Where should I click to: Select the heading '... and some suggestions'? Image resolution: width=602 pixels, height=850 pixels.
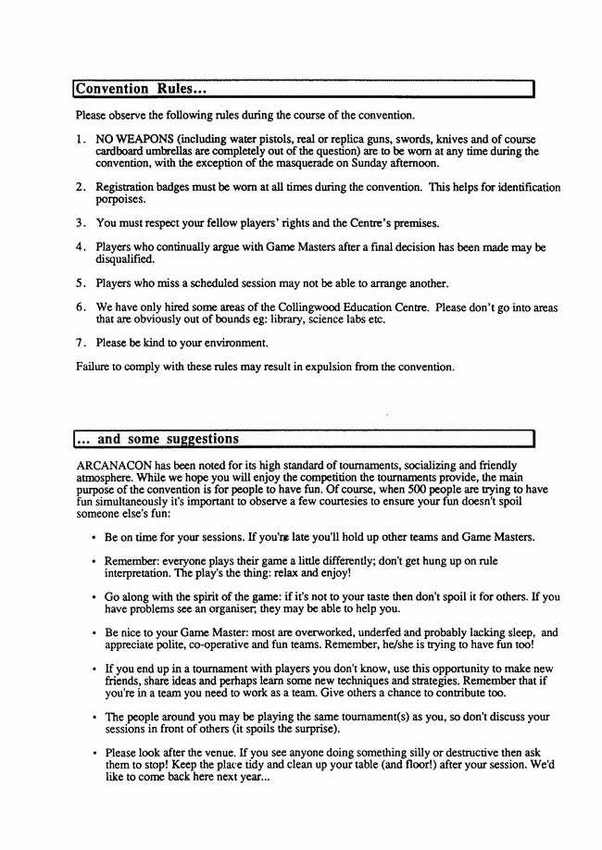(x=156, y=438)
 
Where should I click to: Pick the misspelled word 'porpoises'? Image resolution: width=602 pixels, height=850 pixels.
(x=120, y=199)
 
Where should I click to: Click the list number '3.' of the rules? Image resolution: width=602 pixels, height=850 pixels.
(x=82, y=223)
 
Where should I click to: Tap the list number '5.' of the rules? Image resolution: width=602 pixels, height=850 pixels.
(x=82, y=283)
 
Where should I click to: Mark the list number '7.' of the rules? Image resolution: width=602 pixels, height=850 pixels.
(x=82, y=343)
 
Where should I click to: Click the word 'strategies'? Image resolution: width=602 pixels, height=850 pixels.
(x=423, y=681)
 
